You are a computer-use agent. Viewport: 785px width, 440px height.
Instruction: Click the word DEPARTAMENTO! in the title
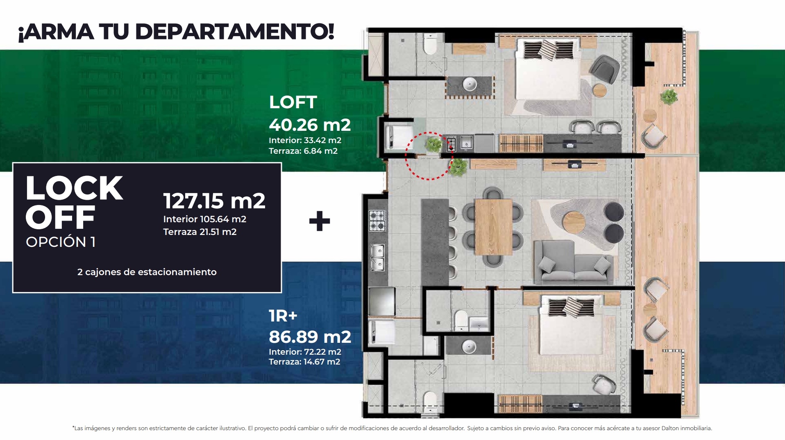[234, 32]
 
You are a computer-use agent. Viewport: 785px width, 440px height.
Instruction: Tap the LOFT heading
[293, 102]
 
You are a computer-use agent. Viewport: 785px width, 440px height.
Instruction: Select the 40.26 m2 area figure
[310, 125]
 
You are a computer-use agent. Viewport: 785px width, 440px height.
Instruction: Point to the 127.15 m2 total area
[214, 201]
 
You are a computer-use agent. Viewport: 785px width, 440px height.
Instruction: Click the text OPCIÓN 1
[61, 242]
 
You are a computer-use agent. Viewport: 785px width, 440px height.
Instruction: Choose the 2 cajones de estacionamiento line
[147, 272]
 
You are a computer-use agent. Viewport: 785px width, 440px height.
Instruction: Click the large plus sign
[320, 221]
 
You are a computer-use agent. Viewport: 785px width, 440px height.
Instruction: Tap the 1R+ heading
[283, 316]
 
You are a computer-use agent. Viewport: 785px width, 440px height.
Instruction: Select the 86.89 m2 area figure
[310, 337]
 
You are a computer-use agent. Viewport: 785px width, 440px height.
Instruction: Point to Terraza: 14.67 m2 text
[304, 362]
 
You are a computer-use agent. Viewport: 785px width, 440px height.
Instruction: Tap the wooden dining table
[493, 227]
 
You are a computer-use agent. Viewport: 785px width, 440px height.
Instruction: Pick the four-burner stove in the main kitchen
[377, 221]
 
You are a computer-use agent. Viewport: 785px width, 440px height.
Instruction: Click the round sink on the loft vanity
[470, 84]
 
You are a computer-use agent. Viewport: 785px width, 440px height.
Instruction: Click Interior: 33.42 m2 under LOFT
[305, 140]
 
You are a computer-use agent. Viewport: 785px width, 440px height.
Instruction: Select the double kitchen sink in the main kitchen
[377, 258]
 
